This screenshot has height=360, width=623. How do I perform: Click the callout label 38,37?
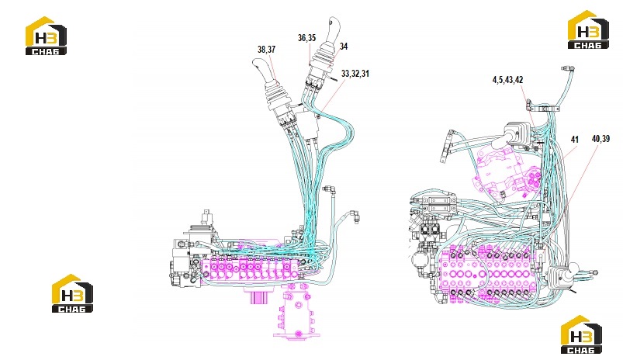click(x=266, y=50)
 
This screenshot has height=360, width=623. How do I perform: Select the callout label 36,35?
click(x=306, y=38)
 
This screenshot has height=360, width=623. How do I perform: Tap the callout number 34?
click(x=344, y=47)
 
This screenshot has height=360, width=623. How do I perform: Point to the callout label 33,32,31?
click(x=355, y=74)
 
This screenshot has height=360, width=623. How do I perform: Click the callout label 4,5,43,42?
click(x=507, y=80)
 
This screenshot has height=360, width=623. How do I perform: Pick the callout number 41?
click(x=575, y=140)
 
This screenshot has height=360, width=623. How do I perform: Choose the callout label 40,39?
click(x=601, y=139)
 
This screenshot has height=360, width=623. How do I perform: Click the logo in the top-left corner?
click(x=46, y=36)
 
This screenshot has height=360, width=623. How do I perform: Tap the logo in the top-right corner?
click(x=588, y=29)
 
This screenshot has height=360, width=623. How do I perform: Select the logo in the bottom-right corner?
click(x=581, y=334)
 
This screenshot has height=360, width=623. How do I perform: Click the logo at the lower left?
click(x=73, y=293)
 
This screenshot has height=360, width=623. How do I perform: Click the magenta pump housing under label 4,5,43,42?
click(x=507, y=171)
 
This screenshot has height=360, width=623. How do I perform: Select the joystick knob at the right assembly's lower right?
click(x=573, y=271)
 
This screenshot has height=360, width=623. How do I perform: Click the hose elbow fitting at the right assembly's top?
click(x=568, y=70)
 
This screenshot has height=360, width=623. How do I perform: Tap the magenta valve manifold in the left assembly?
click(x=250, y=269)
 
